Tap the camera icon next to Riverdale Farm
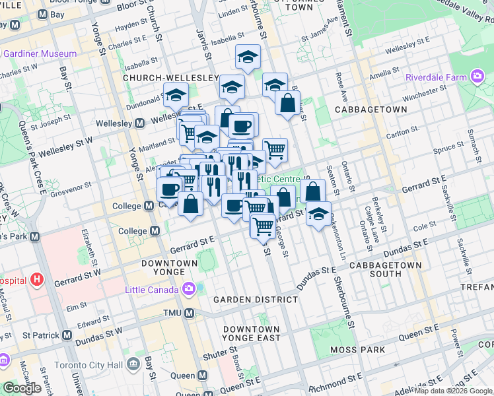tap(477, 77)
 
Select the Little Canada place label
tap(152, 290)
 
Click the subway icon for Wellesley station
tap(140, 123)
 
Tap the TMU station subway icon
tap(189, 313)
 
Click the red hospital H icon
tap(37, 280)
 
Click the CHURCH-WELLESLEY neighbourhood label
tap(170, 78)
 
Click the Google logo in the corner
tap(22, 388)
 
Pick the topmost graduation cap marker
tap(248, 56)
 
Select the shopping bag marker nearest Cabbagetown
tap(288, 103)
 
